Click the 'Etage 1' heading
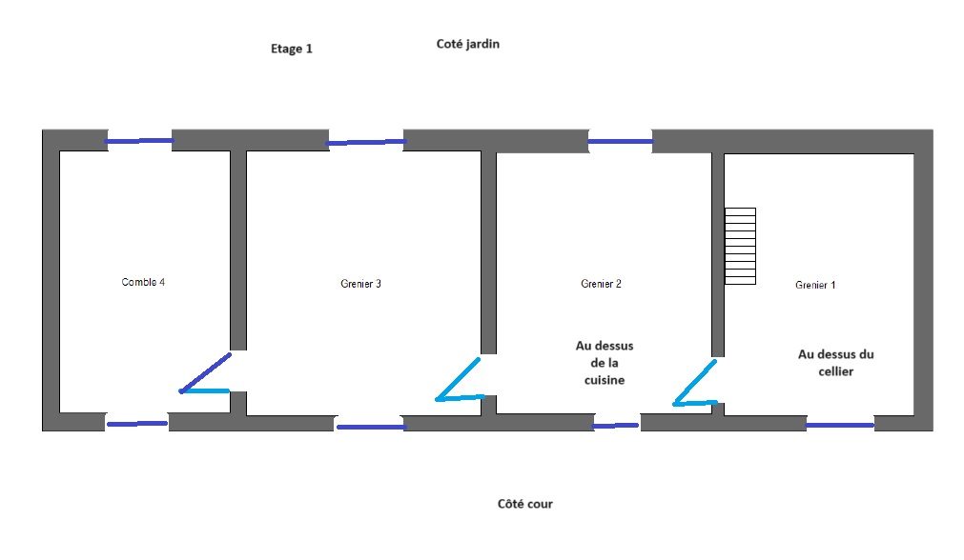point(292,49)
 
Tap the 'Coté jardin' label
point(467,44)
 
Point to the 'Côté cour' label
point(524,504)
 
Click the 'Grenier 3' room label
point(360,284)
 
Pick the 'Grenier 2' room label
point(601,284)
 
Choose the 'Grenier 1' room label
point(815,285)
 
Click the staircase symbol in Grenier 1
point(740,246)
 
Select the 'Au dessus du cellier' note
point(835,363)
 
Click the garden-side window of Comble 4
point(139,142)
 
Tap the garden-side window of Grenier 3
point(366,143)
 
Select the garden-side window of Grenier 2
point(620,142)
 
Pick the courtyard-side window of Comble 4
point(136,423)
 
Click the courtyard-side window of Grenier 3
point(371,427)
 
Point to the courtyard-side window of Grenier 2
point(616,426)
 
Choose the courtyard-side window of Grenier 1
point(840,425)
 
